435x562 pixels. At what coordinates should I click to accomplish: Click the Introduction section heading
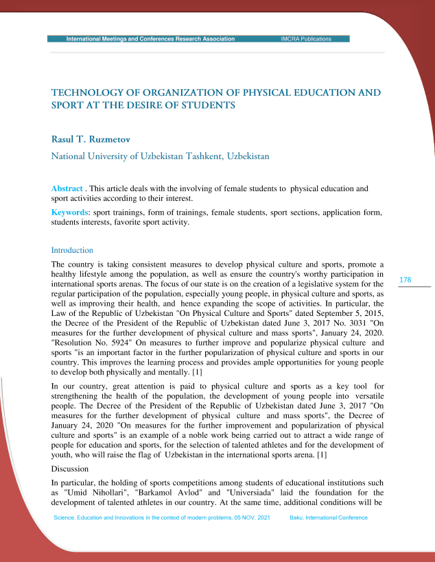72,250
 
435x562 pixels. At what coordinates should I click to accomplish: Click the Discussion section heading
71,469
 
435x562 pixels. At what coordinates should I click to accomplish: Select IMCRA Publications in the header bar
306,39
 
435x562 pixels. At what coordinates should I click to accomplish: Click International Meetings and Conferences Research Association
150,39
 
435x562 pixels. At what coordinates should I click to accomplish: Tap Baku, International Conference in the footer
329,517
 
